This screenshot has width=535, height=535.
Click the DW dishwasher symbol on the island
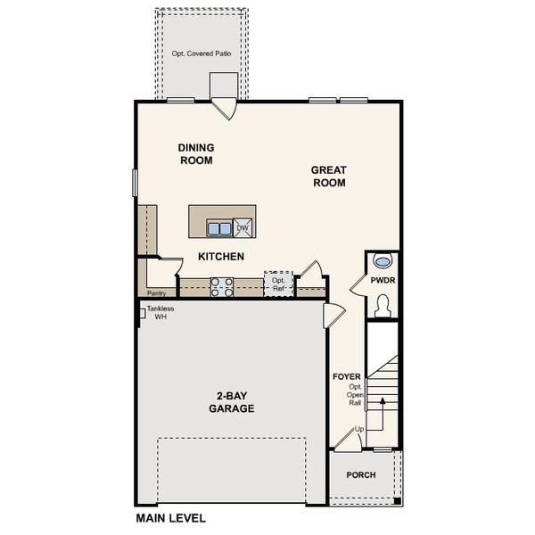click(243, 228)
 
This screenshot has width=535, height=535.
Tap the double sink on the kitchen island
click(219, 228)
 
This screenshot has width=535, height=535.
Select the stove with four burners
click(221, 287)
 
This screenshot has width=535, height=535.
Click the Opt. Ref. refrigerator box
click(278, 284)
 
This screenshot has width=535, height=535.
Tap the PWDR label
click(383, 281)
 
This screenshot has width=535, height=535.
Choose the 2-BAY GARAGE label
click(232, 402)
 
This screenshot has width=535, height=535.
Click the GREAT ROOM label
click(328, 177)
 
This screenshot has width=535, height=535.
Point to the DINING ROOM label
click(196, 154)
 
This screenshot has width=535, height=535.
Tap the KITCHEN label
click(221, 257)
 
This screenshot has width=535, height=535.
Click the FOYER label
click(346, 377)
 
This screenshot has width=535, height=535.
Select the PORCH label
click(361, 475)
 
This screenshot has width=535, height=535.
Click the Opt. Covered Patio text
click(202, 54)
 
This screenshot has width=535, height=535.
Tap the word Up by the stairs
click(359, 430)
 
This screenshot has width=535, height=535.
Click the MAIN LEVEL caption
click(170, 518)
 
